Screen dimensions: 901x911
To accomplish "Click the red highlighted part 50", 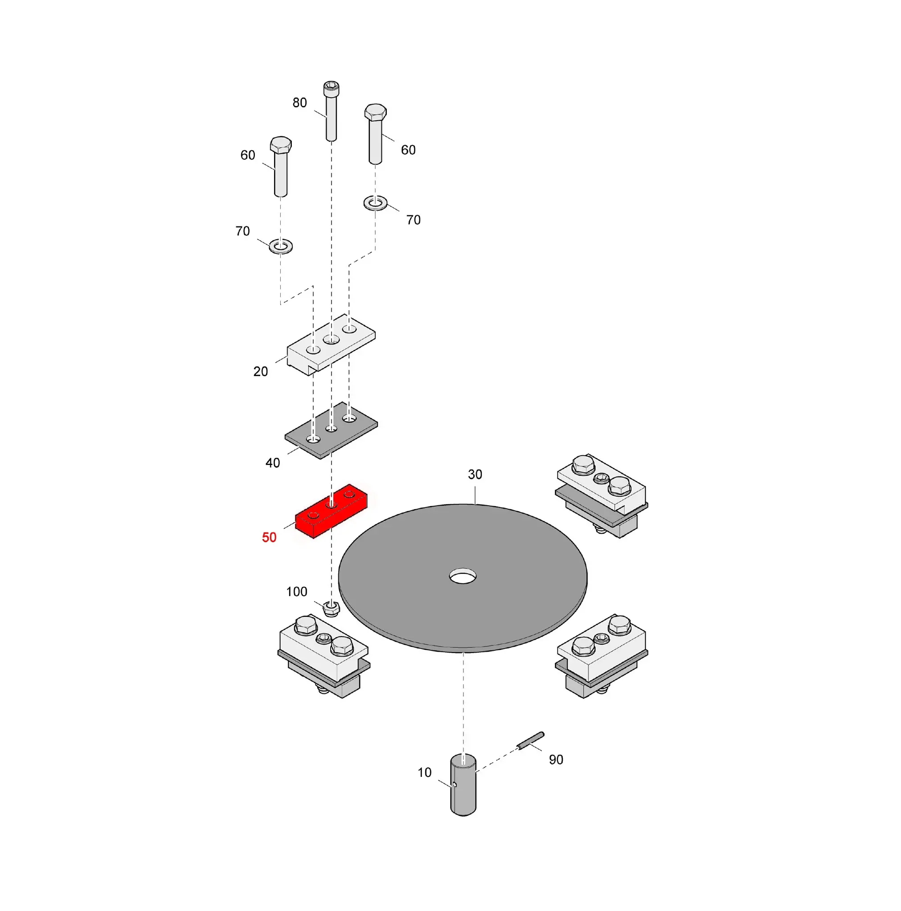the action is click(x=331, y=511).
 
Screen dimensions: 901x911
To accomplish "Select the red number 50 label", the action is click(x=269, y=538).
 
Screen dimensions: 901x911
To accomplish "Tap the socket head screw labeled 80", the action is click(x=331, y=111).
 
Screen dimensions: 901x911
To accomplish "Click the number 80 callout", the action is click(x=299, y=103).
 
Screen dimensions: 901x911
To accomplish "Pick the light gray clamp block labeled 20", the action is click(x=331, y=345).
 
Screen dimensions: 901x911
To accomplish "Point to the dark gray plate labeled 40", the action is click(x=331, y=430).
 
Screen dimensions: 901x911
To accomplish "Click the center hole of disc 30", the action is click(x=463, y=576).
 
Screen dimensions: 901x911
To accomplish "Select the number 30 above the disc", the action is click(x=475, y=474).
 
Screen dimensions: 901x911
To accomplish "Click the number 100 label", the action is click(x=297, y=592).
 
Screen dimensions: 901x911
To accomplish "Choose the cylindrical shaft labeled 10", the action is click(x=463, y=785).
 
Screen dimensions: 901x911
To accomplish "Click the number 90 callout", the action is click(x=556, y=760).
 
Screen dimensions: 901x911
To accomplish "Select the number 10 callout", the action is click(x=425, y=772).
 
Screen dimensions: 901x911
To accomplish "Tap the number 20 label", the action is click(x=260, y=372).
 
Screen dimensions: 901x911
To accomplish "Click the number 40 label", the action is click(x=273, y=463).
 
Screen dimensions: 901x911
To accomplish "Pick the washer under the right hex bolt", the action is click(x=376, y=204).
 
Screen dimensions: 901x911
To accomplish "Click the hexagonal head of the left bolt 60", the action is click(x=281, y=144).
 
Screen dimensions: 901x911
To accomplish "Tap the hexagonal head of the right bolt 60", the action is click(x=376, y=112).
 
